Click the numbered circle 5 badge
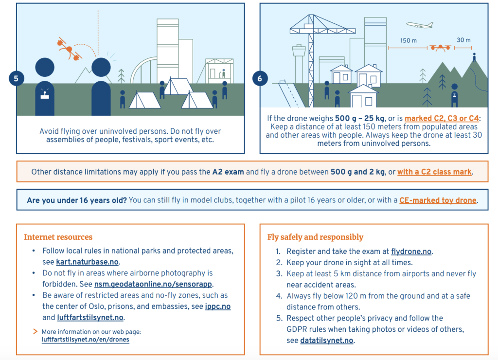click(16, 78)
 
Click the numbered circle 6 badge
click(260, 78)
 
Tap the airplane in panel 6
click(419, 25)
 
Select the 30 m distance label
click(463, 40)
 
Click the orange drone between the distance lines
click(440, 48)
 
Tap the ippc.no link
click(218, 306)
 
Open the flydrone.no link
click(411, 252)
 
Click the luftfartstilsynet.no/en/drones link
click(86, 340)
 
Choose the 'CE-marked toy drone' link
click(438, 200)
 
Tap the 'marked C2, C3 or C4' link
click(442, 118)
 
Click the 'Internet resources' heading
click(58, 237)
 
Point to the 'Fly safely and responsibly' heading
click(315, 237)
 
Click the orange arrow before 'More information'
click(35, 331)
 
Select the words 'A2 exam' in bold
click(228, 172)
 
